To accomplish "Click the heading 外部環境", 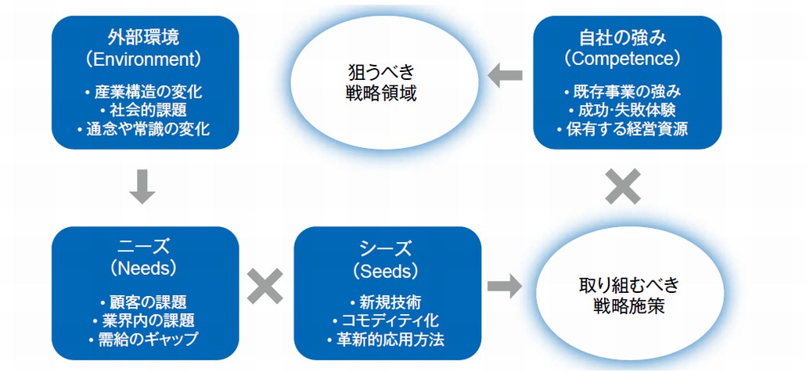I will pos(144,38).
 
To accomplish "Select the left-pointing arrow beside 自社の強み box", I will pos(505,76).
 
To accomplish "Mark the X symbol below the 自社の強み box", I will pos(623,187).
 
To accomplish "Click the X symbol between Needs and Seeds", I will pos(265,287).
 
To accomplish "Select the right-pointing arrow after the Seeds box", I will pos(504,287).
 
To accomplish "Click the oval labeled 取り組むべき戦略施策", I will pos(628,296).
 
